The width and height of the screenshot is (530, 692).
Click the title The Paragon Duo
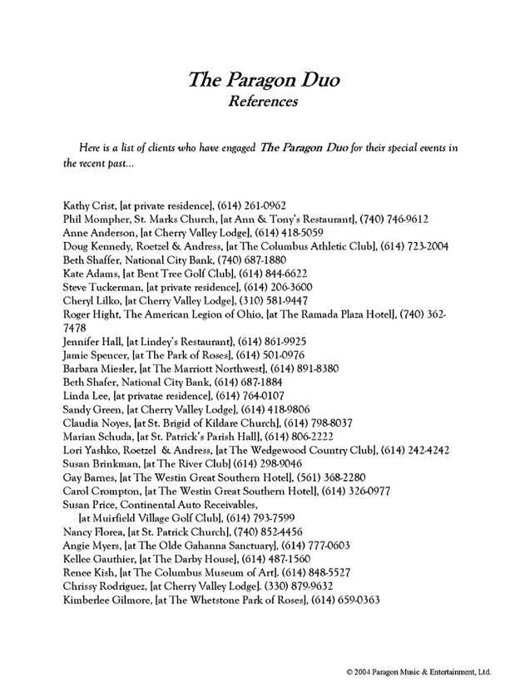point(264,81)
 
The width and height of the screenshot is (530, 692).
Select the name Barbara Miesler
point(99,373)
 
